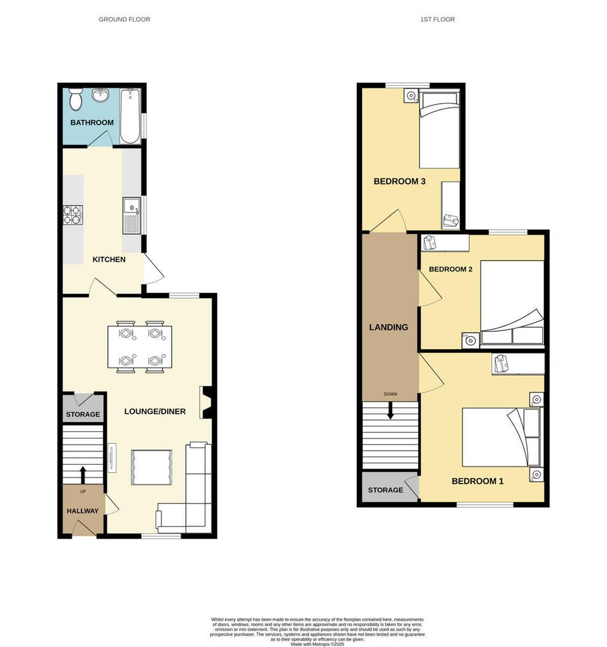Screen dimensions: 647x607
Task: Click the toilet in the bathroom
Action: click(76, 100)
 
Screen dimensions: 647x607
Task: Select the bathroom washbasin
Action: click(100, 96)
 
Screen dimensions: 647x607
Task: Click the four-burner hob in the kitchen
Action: click(73, 215)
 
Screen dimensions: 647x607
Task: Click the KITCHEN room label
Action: click(109, 259)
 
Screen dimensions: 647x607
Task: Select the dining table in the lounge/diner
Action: click(140, 346)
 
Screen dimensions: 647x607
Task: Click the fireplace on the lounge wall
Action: click(206, 402)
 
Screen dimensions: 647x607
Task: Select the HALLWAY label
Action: click(82, 511)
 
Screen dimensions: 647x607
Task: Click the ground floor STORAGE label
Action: click(83, 415)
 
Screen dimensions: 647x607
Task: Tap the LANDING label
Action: click(388, 327)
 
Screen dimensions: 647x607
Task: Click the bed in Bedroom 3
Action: click(438, 129)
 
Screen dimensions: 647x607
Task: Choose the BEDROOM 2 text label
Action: click(450, 269)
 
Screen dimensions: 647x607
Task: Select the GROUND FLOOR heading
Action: click(124, 19)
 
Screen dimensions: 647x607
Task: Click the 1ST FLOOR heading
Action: click(437, 19)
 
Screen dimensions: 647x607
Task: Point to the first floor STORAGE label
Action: click(385, 490)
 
